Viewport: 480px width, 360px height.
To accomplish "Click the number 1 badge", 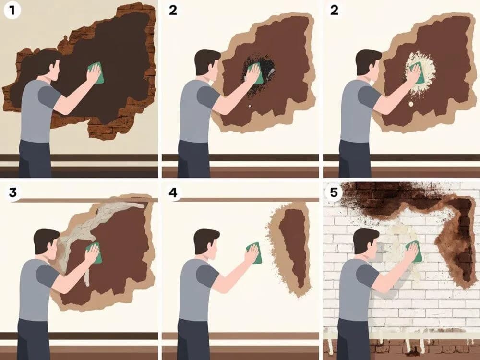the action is pos(12,11).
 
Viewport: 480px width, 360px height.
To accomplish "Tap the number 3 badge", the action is pos(12,193).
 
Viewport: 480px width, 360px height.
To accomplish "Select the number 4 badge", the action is pos(173,193).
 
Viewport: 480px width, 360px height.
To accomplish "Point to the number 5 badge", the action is pos(334,193).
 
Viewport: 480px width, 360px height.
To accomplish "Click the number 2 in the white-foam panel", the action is pos(334,11).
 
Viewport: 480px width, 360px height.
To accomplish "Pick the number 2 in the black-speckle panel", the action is pos(173,11).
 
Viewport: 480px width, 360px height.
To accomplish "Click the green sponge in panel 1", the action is pos(96,73).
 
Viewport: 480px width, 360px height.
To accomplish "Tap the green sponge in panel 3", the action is pos(94,252).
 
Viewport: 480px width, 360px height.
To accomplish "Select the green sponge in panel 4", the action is pos(255,253).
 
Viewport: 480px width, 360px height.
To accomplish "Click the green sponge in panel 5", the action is pos(415,252).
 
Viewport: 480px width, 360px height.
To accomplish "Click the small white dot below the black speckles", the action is pos(249,106).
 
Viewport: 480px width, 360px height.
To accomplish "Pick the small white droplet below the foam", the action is pos(410,104).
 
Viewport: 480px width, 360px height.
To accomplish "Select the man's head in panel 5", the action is pos(366,243).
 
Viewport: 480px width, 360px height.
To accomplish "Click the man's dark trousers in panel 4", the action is pos(193,339).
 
